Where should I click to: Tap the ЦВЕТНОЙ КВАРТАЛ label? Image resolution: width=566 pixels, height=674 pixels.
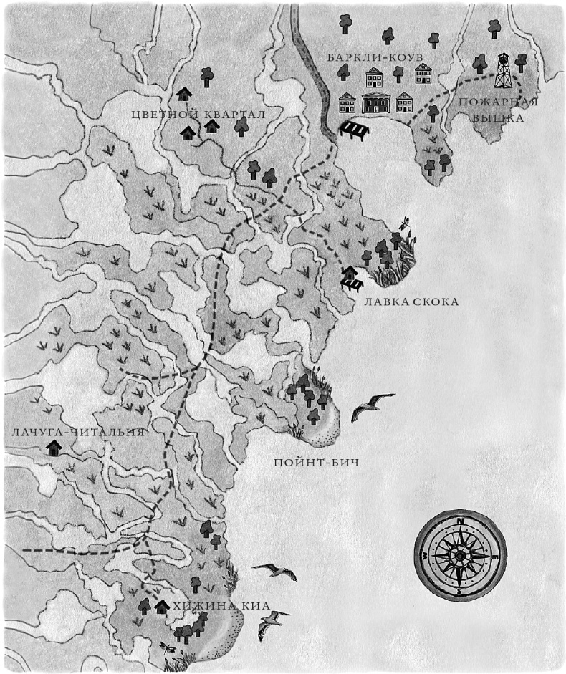(199, 115)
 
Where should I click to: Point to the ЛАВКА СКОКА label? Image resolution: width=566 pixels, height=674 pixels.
(411, 302)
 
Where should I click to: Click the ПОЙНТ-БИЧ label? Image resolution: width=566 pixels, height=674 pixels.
(316, 462)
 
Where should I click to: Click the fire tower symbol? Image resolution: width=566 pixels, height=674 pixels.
(504, 70)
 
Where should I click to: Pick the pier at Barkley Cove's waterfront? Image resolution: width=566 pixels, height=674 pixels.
(354, 130)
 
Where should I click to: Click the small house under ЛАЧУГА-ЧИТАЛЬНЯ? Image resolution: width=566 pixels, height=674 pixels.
(52, 449)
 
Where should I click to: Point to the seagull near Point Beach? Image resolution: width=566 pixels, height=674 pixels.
(371, 406)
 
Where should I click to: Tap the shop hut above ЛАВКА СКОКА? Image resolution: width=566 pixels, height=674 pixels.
(349, 273)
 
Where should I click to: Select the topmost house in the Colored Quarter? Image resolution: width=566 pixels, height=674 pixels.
(184, 93)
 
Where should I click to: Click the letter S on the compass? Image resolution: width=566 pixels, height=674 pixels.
(459, 591)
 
